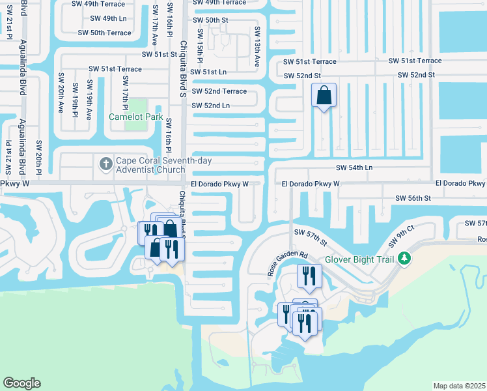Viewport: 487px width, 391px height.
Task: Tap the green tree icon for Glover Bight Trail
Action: pos(404,258)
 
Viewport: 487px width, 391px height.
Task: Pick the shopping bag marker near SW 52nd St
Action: pos(324,96)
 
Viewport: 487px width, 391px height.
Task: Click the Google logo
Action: pos(21,383)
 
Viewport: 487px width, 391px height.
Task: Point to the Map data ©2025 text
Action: pos(459,386)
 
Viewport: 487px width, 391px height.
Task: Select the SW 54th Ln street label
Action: pos(354,168)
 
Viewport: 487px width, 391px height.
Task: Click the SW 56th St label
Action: pos(413,197)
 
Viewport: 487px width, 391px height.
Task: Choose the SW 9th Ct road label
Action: pos(401,235)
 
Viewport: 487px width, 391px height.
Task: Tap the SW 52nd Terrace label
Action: pos(219,91)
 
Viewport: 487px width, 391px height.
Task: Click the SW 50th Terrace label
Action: pos(104,33)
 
